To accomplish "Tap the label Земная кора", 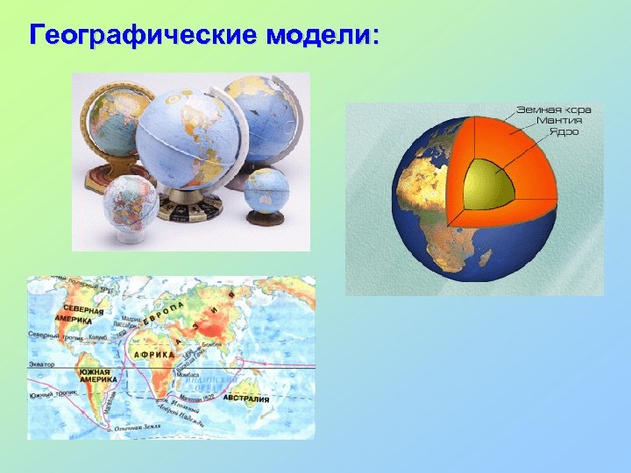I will point(553,109).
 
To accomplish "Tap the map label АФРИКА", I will point(154,354).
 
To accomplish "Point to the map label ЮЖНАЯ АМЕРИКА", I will point(98,377).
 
